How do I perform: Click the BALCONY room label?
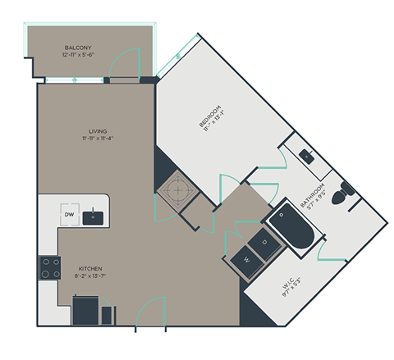click(x=80, y=48)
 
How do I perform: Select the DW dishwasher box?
click(x=70, y=215)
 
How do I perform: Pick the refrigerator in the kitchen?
click(x=86, y=311)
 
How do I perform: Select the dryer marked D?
click(x=263, y=242)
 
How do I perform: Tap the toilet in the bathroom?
click(x=346, y=190)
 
